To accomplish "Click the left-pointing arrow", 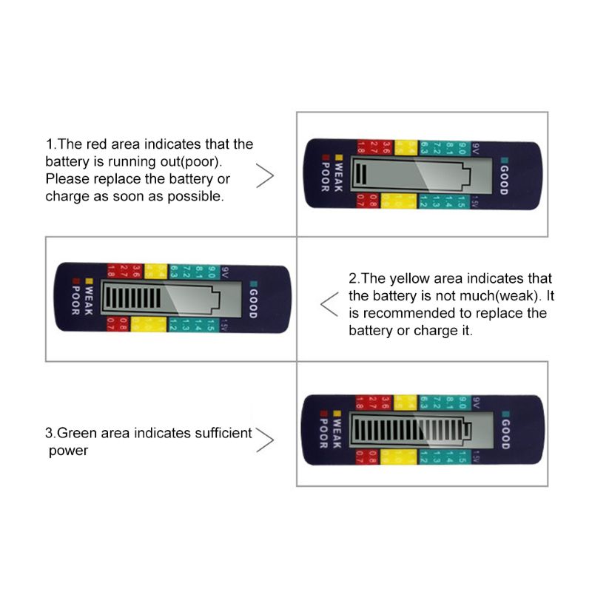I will [x=328, y=302].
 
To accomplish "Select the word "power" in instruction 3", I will [x=68, y=450].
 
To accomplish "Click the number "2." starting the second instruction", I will [x=354, y=279].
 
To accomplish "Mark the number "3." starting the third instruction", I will [x=50, y=433].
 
